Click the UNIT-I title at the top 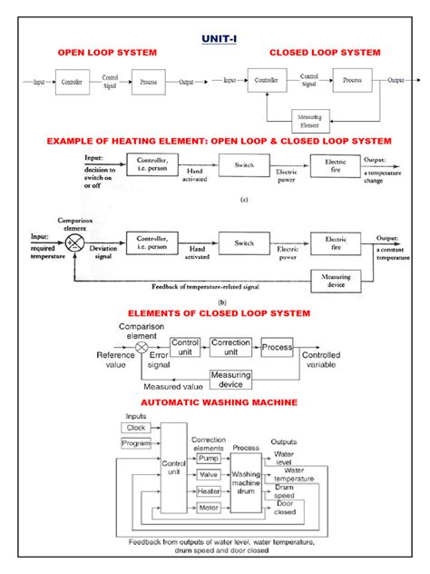click(x=215, y=39)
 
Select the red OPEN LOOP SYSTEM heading click(x=107, y=53)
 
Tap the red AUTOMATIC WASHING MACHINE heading click(x=215, y=401)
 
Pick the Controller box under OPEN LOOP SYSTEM click(x=71, y=82)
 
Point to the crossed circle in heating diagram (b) click(x=77, y=244)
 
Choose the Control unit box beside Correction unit click(x=184, y=347)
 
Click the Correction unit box click(x=230, y=347)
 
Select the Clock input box click(x=136, y=427)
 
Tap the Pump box click(x=209, y=459)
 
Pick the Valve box click(x=209, y=475)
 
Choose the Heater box click(x=209, y=491)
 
